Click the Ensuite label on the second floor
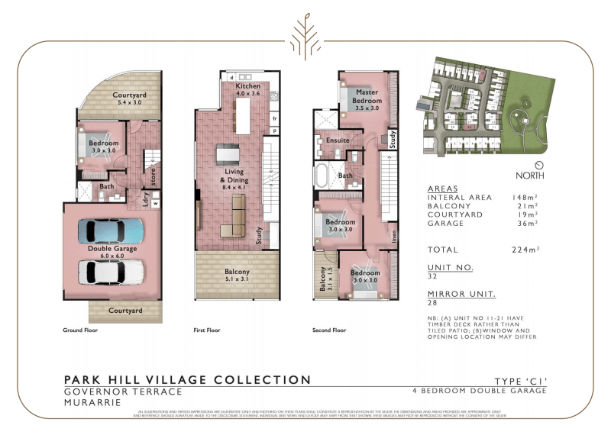(338, 140)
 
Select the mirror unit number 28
(433, 303)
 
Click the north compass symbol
(539, 165)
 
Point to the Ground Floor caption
(80, 330)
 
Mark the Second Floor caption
(329, 330)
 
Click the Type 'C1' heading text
(521, 380)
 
